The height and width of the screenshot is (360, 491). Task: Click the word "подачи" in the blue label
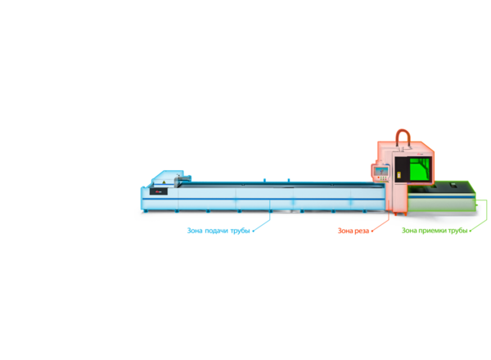pos(217,231)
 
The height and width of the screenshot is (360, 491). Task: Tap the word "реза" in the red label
pos(362,231)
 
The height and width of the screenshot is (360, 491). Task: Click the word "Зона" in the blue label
pos(195,231)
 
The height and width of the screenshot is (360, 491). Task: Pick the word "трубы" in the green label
pos(457,231)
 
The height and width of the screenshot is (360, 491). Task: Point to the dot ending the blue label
pos(254,232)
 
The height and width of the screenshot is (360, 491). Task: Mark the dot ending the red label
pos(372,232)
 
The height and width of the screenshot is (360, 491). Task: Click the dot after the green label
pos(471,232)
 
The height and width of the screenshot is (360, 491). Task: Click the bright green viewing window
pos(420,169)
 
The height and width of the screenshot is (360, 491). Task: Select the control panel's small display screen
pos(381,171)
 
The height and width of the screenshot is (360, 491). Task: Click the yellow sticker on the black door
pos(399,175)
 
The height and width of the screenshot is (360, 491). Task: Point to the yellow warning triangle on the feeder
pos(164,182)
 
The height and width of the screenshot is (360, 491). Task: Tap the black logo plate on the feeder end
pos(159,191)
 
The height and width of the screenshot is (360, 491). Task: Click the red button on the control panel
pos(378,178)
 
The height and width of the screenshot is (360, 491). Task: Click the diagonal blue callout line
pos(262,225)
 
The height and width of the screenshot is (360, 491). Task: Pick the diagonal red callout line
pos(381,225)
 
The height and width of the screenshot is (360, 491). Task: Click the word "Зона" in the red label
pos(345,231)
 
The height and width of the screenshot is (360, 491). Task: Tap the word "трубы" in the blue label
pos(240,231)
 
